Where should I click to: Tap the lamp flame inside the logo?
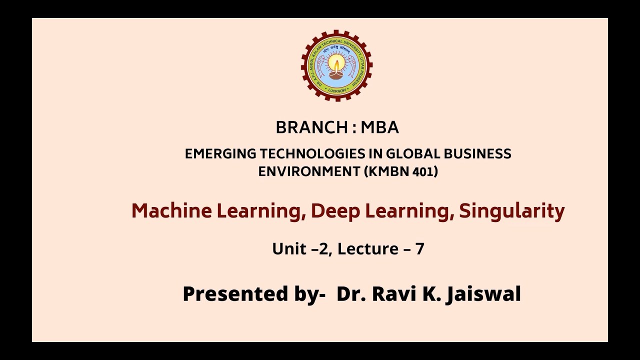coord(336,64)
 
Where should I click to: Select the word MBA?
coord(380,128)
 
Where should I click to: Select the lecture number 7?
coord(420,248)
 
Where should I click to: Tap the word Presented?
coord(234,294)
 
